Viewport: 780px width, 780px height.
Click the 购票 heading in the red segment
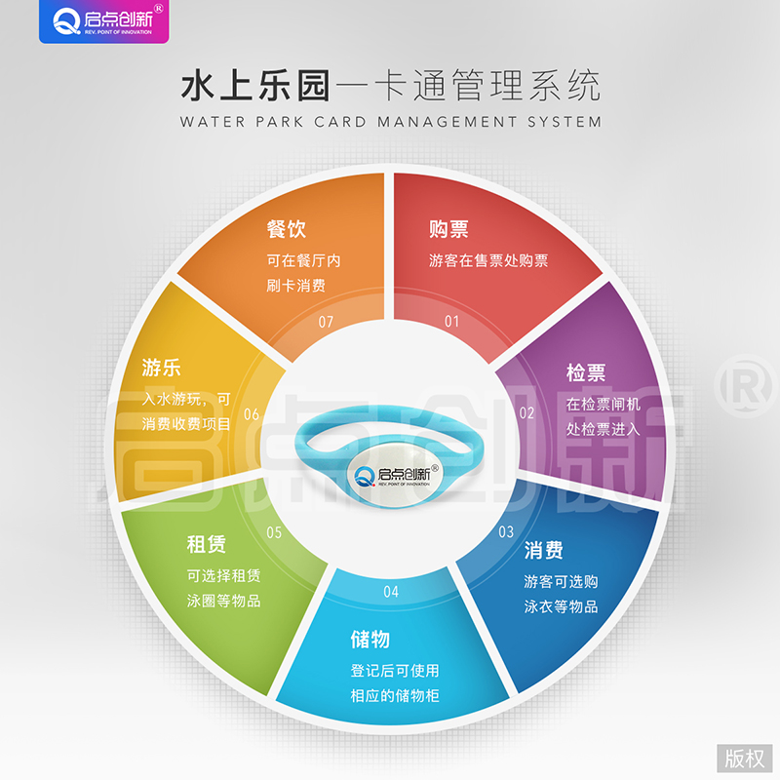click(x=448, y=229)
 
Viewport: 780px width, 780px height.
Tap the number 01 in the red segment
click(x=451, y=322)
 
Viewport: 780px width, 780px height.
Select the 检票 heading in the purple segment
click(x=586, y=372)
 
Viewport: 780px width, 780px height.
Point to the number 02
click(x=526, y=412)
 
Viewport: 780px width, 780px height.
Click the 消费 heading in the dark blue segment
click(x=543, y=550)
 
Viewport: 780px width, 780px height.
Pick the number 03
click(x=506, y=531)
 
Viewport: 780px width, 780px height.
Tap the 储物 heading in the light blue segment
click(x=370, y=640)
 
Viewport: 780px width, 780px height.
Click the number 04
click(x=391, y=592)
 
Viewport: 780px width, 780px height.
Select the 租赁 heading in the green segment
click(x=206, y=544)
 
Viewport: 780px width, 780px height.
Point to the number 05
click(x=274, y=532)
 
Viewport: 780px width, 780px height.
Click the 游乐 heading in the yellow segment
click(x=161, y=368)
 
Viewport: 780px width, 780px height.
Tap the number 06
click(x=252, y=413)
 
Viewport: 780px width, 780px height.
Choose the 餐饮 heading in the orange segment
click(x=286, y=229)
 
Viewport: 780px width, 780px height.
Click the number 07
click(x=326, y=322)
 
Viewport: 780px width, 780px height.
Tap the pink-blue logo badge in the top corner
click(x=104, y=21)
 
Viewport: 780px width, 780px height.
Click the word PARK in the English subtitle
click(x=279, y=122)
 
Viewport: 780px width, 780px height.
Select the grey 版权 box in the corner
click(x=745, y=759)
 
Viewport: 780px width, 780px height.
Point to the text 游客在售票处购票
click(x=488, y=260)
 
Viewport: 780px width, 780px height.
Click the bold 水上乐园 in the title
click(x=255, y=86)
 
